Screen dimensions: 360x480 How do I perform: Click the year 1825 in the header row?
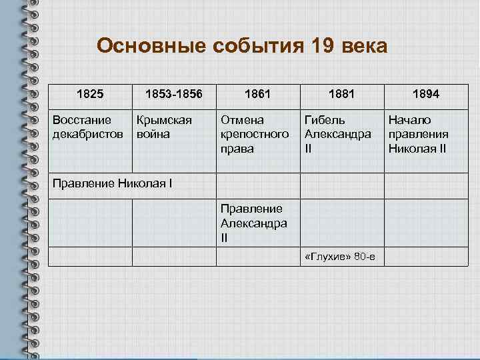pyautogui.click(x=90, y=95)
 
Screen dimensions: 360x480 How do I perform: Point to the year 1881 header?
pyautogui.click(x=341, y=95)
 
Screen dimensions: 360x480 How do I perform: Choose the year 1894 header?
pyautogui.click(x=425, y=95)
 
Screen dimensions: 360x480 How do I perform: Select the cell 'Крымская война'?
pyautogui.click(x=164, y=127)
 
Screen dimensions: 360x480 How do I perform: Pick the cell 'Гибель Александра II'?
pyautogui.click(x=337, y=134)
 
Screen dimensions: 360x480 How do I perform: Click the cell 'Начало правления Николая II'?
pyautogui.click(x=417, y=134)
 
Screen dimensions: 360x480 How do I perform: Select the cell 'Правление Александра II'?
pyautogui.click(x=253, y=223)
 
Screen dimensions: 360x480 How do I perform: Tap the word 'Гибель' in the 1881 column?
pyautogui.click(x=325, y=120)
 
